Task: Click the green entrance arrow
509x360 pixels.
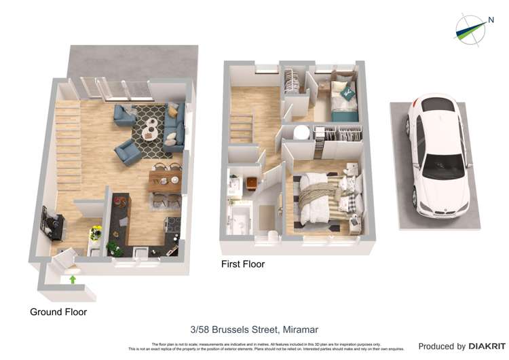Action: (x=72, y=278)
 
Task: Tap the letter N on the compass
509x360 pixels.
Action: (x=491, y=20)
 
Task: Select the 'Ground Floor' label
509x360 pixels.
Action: (x=58, y=312)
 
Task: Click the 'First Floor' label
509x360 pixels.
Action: (x=243, y=264)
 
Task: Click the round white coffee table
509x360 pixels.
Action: (x=151, y=126)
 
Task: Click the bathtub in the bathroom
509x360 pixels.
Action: (x=242, y=221)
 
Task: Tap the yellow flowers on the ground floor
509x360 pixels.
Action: (x=96, y=231)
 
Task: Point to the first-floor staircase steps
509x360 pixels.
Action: (x=242, y=126)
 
